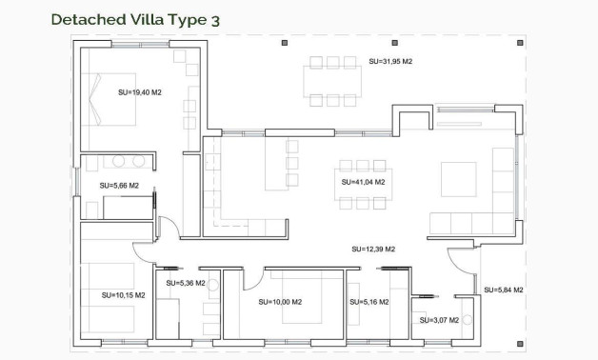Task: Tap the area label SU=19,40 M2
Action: [140, 93]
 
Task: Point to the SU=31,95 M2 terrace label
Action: [390, 62]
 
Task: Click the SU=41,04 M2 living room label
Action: [363, 181]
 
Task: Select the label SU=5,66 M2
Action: [119, 186]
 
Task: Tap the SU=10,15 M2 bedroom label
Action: [124, 295]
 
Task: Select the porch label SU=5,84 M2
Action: [504, 290]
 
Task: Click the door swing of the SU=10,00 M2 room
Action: [252, 277]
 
